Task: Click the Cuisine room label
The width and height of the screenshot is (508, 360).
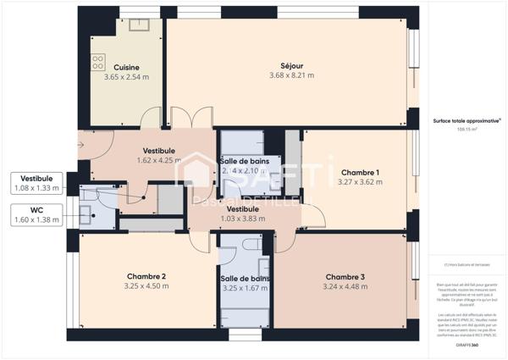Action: tap(126, 68)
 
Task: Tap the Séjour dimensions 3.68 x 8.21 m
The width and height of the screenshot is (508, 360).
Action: tap(291, 75)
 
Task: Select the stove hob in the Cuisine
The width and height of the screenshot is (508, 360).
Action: tap(98, 61)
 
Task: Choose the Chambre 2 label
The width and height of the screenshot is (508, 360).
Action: tap(146, 276)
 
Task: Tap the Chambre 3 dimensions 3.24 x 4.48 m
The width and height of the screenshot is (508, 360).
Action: tap(345, 286)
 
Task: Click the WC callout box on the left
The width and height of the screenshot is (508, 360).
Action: tap(36, 214)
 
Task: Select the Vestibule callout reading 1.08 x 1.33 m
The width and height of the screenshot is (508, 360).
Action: tap(36, 188)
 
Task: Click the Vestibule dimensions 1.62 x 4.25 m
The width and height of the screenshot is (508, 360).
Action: tap(159, 160)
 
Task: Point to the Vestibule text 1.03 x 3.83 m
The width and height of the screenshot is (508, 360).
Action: tap(243, 218)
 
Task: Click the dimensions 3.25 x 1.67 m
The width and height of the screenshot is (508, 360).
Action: tap(245, 288)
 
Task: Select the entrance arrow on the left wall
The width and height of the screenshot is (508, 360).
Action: tap(80, 146)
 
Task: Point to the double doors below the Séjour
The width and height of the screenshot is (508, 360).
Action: tap(186, 119)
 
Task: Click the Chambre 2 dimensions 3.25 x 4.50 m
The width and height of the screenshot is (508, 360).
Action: tap(146, 286)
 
